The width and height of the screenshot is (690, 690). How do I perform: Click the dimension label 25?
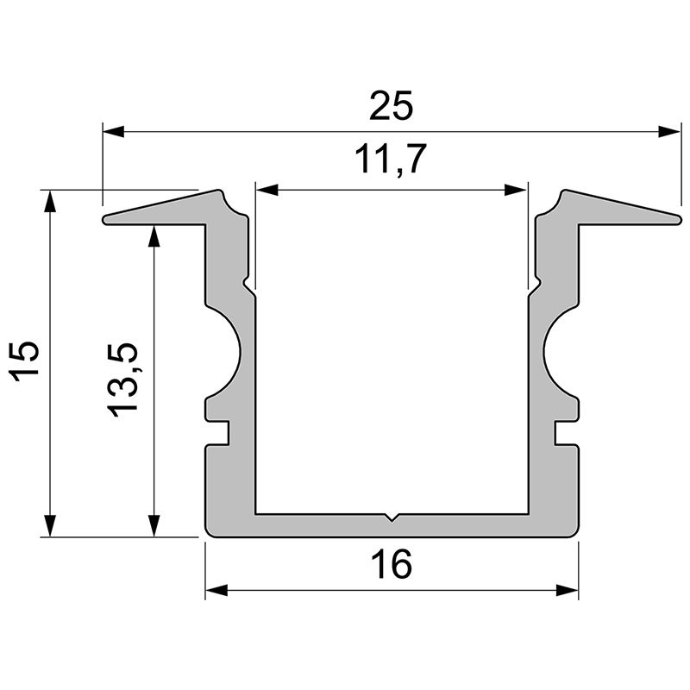tap(392, 105)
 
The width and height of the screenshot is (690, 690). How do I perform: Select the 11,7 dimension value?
tap(391, 160)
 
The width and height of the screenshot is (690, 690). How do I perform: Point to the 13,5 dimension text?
tap(122, 379)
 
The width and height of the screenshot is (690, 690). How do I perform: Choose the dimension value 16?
tap(392, 565)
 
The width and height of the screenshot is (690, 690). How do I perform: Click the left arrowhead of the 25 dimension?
tap(114, 132)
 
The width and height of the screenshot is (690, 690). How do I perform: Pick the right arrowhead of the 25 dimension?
tap(669, 132)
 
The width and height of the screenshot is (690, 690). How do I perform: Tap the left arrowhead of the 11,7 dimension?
tap(267, 190)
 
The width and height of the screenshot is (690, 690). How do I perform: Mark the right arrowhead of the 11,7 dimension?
tap(516, 190)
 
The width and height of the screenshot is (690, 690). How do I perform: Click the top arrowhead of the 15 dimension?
tap(51, 201)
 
